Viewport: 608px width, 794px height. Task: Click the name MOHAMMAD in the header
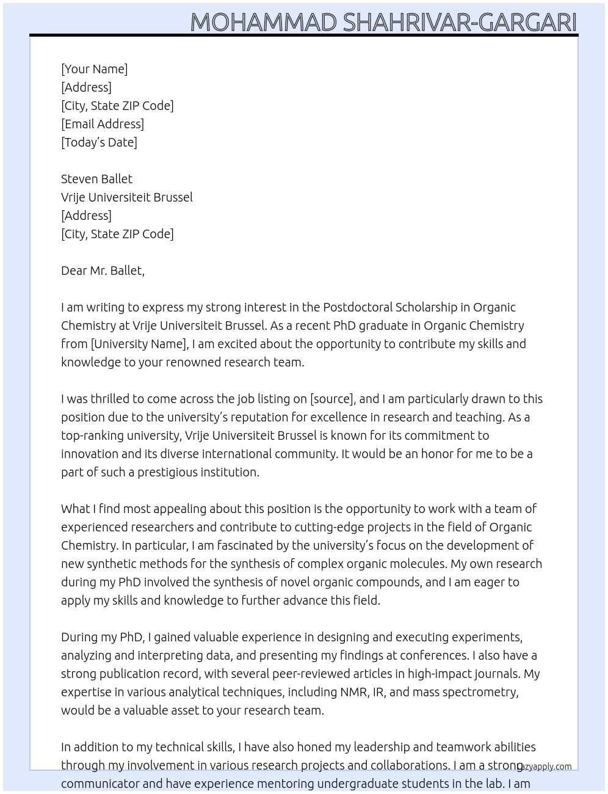[x=264, y=23]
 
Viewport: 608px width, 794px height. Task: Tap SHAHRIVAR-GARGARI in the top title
[x=460, y=23]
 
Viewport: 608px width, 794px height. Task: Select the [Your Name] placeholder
[x=94, y=69]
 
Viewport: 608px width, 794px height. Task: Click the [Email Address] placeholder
[x=103, y=124]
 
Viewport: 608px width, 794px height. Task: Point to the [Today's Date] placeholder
[x=99, y=142]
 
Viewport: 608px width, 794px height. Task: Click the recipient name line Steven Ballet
[x=96, y=179]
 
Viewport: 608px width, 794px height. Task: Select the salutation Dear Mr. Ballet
[x=103, y=271]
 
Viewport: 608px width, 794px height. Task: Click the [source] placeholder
[x=332, y=399]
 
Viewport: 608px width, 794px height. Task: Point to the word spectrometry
[x=480, y=692]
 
